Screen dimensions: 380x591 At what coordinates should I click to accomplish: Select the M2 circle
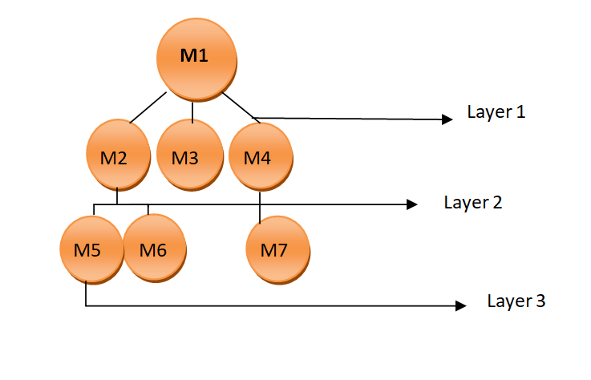(118, 157)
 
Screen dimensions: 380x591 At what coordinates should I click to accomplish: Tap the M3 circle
(187, 157)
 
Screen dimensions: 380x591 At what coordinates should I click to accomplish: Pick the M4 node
(259, 157)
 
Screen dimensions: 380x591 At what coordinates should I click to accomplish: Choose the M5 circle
(91, 249)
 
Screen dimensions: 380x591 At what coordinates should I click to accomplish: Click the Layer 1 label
(496, 112)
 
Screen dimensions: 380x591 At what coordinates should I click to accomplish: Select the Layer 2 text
(473, 202)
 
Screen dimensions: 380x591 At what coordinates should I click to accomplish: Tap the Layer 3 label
(516, 301)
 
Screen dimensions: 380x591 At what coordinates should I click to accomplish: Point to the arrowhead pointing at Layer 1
(447, 119)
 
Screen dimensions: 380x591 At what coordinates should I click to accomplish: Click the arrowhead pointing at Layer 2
(411, 204)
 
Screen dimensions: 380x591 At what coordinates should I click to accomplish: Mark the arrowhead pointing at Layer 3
(459, 305)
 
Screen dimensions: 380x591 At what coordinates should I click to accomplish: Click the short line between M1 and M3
(192, 110)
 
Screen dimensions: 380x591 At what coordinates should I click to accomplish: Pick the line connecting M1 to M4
(238, 108)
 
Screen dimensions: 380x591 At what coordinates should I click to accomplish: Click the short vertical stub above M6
(149, 210)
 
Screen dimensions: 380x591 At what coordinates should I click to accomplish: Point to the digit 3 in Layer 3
(541, 301)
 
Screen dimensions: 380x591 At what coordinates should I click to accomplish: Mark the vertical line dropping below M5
(86, 293)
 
